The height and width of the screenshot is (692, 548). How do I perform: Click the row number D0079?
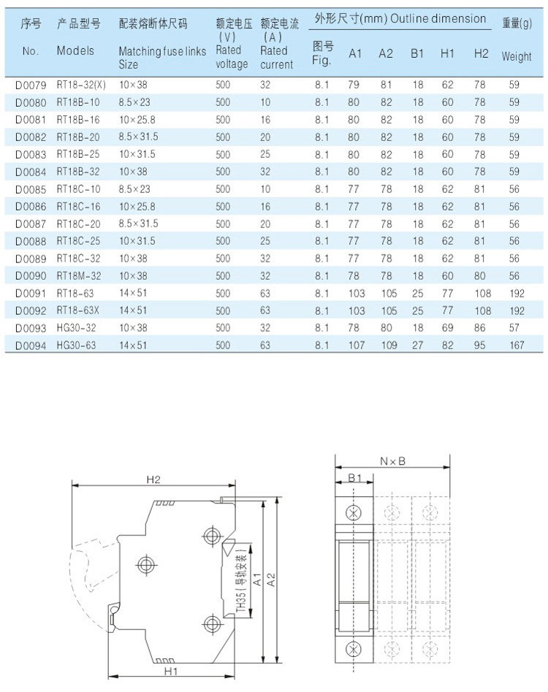coord(31,85)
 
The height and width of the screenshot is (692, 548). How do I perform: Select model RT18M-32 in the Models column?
coord(78,276)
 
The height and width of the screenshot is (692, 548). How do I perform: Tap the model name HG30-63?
coord(76,346)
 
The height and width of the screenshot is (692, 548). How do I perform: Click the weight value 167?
coord(517,346)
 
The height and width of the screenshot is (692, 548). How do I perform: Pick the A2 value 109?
coord(389,346)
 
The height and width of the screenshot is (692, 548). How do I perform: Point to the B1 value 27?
coord(417,346)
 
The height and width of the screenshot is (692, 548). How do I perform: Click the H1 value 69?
coord(447,328)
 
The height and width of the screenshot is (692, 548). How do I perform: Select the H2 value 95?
coord(479,346)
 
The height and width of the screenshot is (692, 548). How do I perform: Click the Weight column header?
coord(517,56)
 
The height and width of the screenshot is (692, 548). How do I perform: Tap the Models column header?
coord(75,50)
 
